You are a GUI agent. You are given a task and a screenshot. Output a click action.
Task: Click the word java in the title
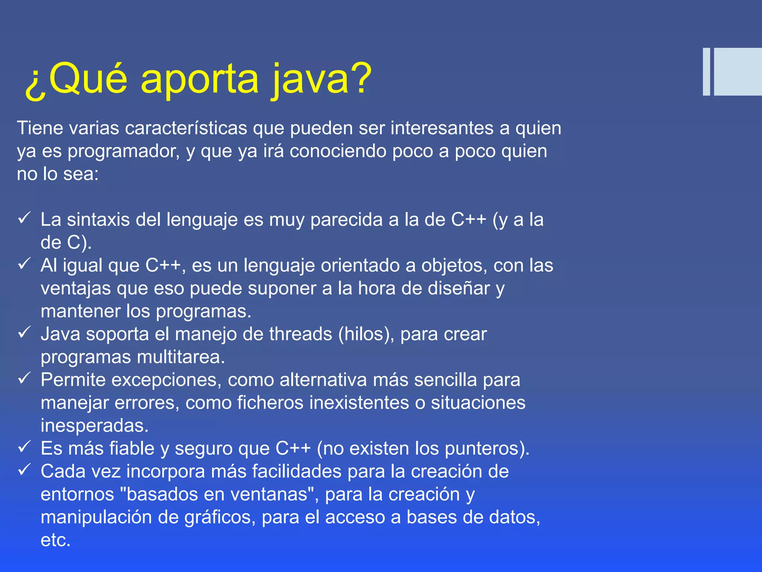click(310, 79)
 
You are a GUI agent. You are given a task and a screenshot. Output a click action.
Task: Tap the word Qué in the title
click(88, 79)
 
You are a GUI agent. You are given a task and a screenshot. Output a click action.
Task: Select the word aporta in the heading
click(199, 80)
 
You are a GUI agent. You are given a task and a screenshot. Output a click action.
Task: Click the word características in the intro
click(186, 128)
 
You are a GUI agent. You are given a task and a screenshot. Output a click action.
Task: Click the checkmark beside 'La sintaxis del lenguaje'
click(24, 218)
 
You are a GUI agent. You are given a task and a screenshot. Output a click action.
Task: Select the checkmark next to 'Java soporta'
click(24, 333)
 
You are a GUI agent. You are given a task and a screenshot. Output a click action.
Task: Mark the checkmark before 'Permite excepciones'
click(24, 378)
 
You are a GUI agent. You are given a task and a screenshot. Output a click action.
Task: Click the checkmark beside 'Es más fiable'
click(24, 447)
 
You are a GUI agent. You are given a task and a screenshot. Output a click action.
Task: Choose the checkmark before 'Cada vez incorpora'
click(24, 470)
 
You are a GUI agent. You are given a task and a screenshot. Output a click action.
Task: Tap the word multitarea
click(181, 357)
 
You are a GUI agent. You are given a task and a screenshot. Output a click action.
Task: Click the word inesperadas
click(95, 426)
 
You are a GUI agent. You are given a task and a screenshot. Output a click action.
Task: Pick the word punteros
click(487, 449)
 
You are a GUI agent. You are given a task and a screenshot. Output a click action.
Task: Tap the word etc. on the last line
click(55, 540)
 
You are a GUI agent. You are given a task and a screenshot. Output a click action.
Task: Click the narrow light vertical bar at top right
click(706, 72)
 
